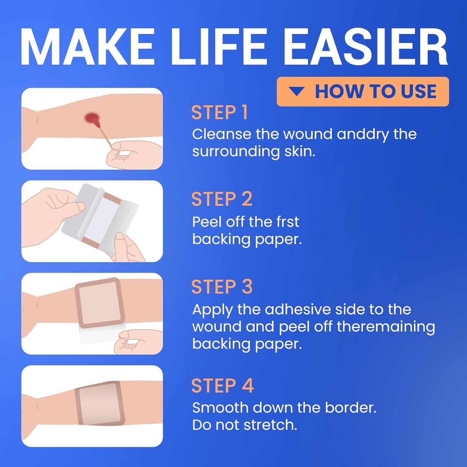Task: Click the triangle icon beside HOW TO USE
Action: pos(296,91)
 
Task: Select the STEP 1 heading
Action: pos(219,113)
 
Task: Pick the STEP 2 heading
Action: pos(222,199)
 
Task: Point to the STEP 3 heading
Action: pos(222,287)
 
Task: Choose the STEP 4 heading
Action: pos(222,386)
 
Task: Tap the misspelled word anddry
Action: pos(363,134)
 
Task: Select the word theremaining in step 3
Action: pos(386,326)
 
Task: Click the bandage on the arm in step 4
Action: pos(100,403)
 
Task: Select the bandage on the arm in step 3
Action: pos(100,303)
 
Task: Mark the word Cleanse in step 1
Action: pos(222,134)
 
